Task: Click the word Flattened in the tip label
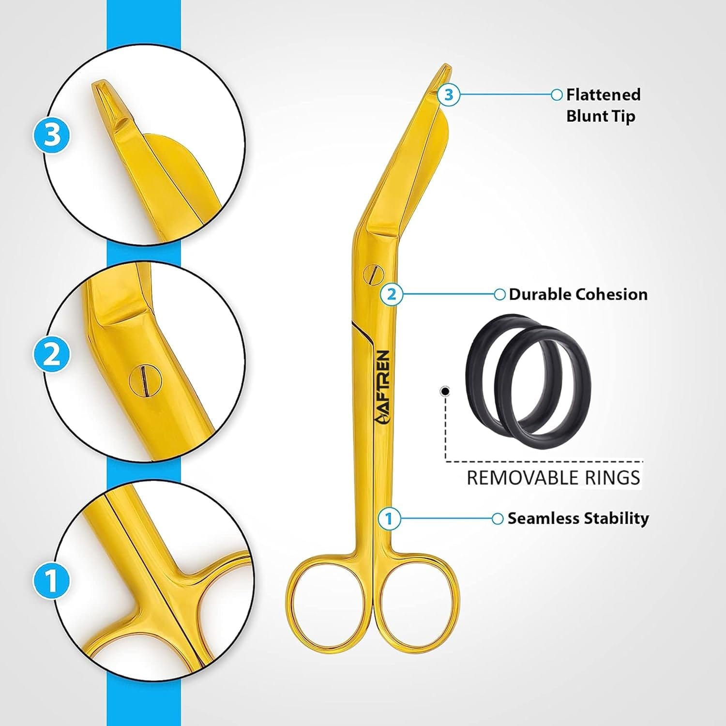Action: pyautogui.click(x=603, y=94)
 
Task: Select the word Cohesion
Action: pyautogui.click(x=615, y=294)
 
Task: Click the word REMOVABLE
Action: pyautogui.click(x=522, y=478)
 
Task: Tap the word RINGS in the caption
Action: pyautogui.click(x=612, y=478)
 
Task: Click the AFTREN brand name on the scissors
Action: pyautogui.click(x=382, y=387)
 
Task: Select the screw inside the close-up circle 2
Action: pyautogui.click(x=145, y=378)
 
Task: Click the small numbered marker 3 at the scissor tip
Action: pyautogui.click(x=449, y=94)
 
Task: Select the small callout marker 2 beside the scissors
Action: pyautogui.click(x=392, y=294)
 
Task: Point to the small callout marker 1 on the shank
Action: pyautogui.click(x=389, y=519)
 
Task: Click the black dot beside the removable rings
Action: pyautogui.click(x=445, y=391)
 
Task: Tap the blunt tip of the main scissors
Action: pyautogui.click(x=444, y=69)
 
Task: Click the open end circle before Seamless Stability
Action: pyautogui.click(x=498, y=519)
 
